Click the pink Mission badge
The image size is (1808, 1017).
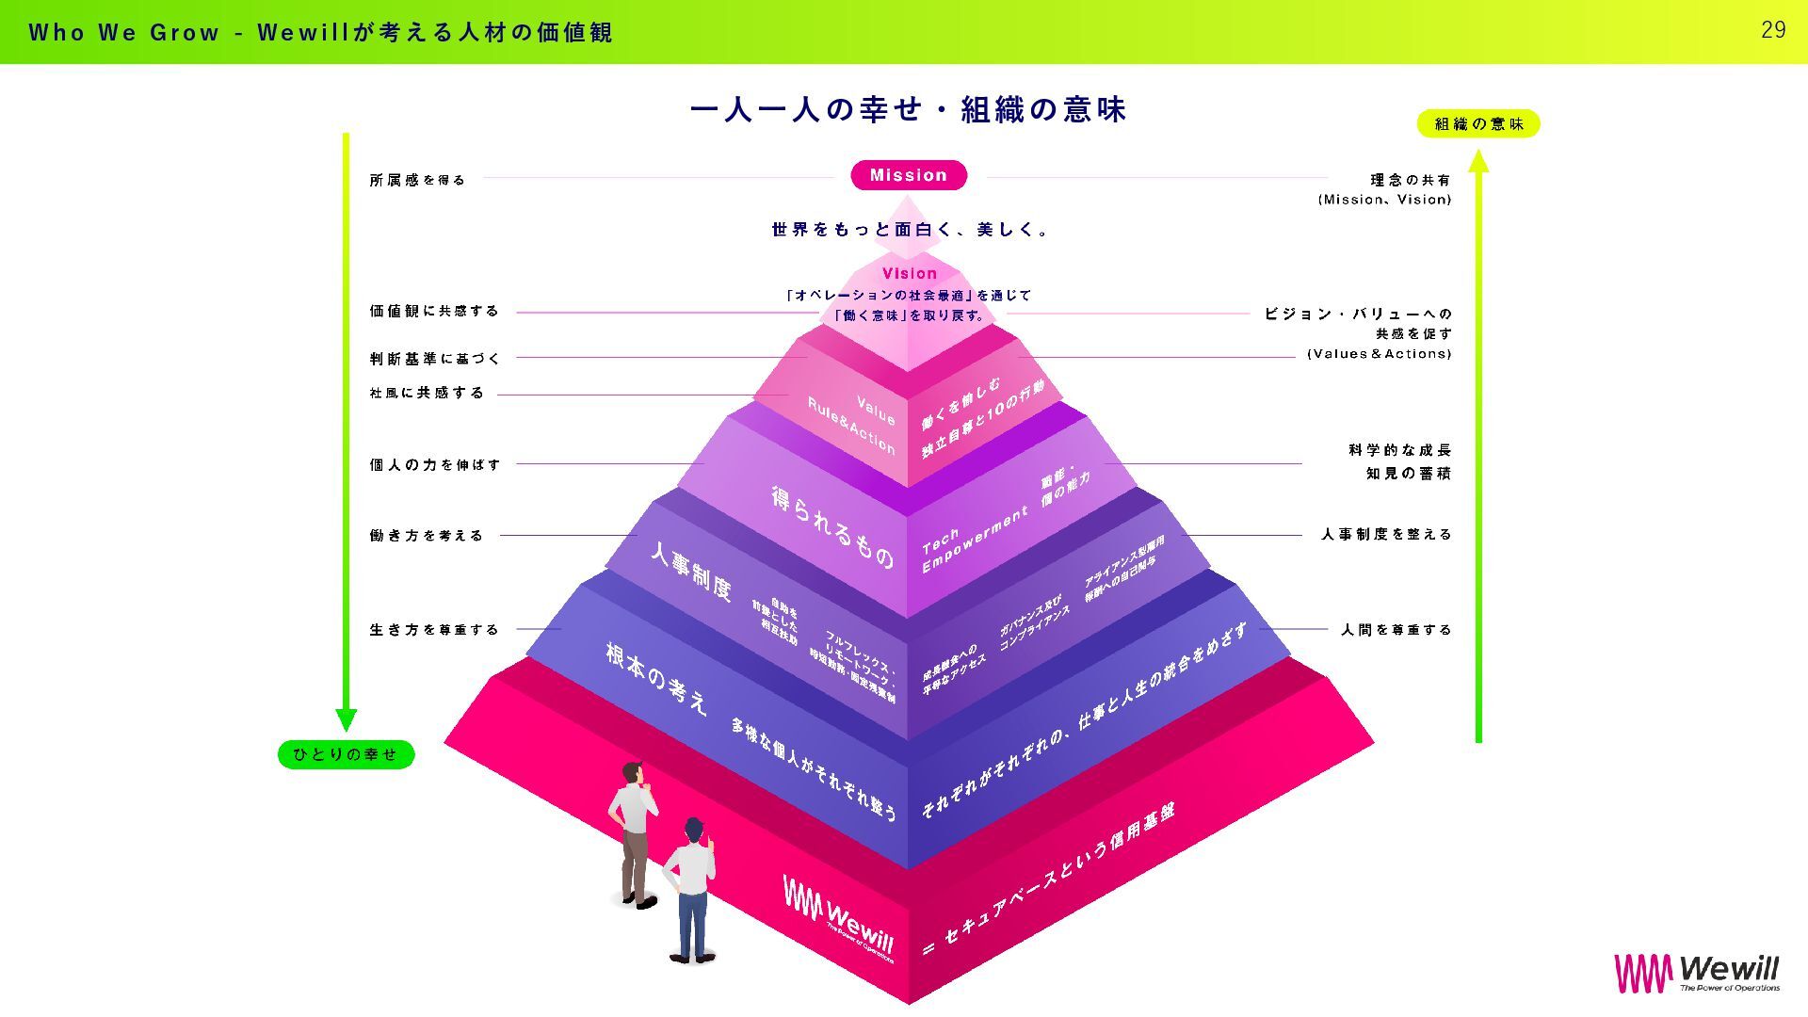tap(909, 175)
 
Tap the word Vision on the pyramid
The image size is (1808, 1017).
tap(909, 273)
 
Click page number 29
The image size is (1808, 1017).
tap(1773, 30)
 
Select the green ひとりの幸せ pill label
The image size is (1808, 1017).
tap(346, 754)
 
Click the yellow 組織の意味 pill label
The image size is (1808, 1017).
tap(1478, 123)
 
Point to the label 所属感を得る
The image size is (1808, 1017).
tap(417, 180)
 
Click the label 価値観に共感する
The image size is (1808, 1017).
tap(434, 311)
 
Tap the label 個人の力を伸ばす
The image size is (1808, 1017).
tap(435, 464)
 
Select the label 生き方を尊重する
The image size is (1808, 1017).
tap(434, 629)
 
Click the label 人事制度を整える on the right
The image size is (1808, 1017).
tap(1386, 534)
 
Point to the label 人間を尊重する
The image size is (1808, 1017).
tap(1396, 629)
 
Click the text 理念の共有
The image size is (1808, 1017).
tap(1410, 180)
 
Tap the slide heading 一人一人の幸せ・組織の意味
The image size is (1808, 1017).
tap(908, 110)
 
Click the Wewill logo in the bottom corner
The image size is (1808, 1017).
tap(1697, 973)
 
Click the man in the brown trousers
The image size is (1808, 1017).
tap(635, 833)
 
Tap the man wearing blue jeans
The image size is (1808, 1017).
tap(691, 890)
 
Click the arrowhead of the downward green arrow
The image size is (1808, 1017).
tap(346, 719)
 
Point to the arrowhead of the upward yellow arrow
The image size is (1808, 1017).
tap(1478, 162)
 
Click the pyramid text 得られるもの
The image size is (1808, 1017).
tap(832, 527)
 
